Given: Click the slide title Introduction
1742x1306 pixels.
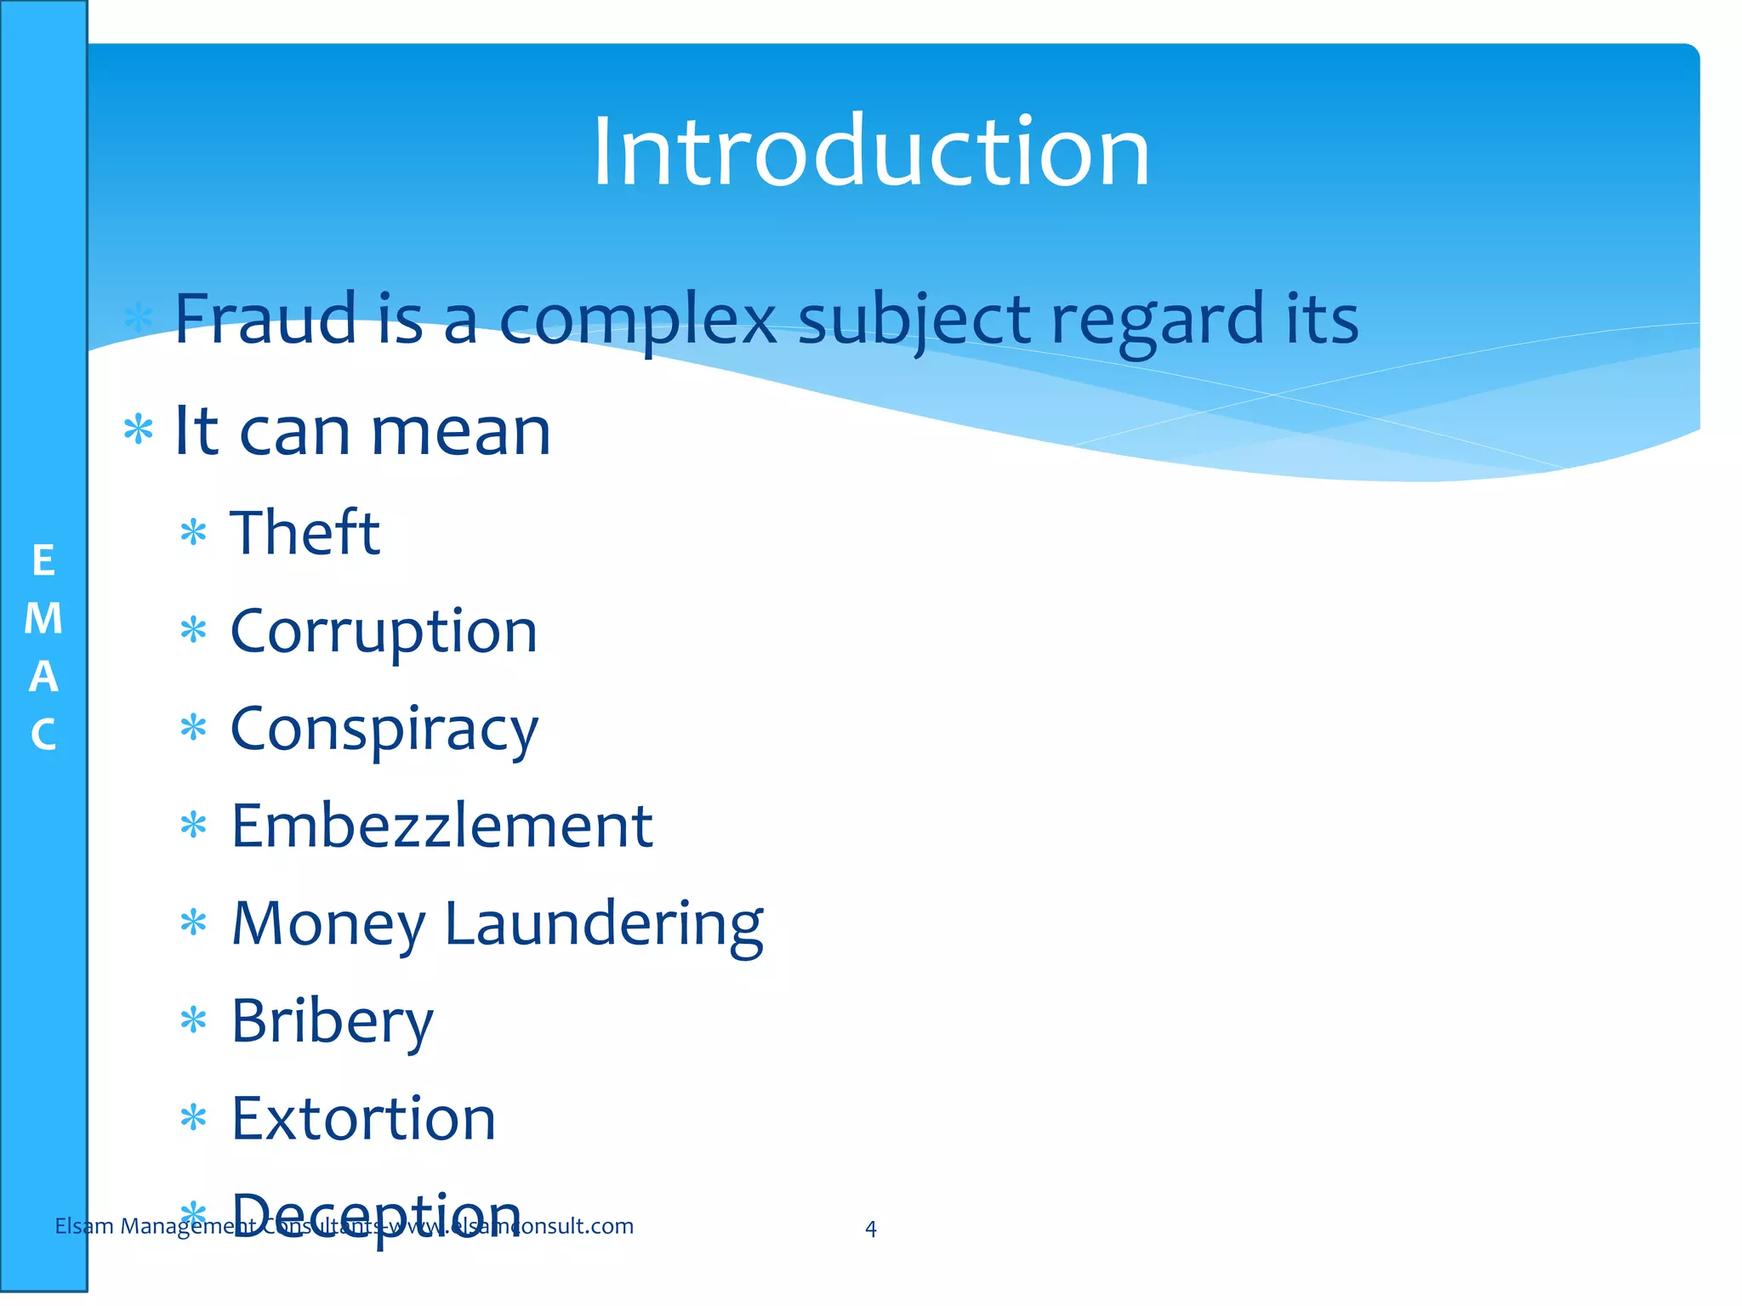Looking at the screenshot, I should (871, 153).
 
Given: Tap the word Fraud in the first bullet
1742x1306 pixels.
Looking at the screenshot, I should (265, 319).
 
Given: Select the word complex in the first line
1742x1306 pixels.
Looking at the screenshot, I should (637, 321).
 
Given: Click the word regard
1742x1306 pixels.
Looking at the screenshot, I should (1158, 321).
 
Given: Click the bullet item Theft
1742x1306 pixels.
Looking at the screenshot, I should (305, 532).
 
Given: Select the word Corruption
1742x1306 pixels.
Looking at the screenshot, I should (384, 632).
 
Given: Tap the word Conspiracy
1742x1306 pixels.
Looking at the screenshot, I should (384, 730).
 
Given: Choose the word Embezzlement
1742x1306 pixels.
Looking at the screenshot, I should (441, 826).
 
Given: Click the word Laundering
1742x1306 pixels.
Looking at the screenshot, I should (604, 924).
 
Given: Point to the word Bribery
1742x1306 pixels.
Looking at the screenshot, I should (332, 1021).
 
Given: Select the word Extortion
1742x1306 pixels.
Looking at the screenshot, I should (363, 1119).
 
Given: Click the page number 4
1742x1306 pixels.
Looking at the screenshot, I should (870, 1229).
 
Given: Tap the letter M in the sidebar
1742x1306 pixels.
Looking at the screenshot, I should (43, 618).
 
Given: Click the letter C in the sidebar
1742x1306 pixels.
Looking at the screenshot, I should (43, 735).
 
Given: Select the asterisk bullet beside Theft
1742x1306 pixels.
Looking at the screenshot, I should (194, 533).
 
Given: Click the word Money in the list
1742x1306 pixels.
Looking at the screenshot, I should (328, 924).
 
